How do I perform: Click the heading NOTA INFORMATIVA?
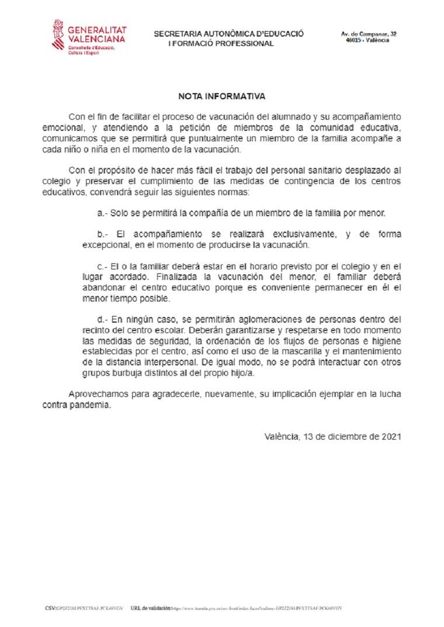221,96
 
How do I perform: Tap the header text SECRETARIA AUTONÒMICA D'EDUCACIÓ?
228,34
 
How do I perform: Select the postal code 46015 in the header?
352,41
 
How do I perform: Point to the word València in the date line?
281,436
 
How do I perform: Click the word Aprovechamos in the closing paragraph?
98,395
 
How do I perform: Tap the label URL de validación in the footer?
151,608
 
